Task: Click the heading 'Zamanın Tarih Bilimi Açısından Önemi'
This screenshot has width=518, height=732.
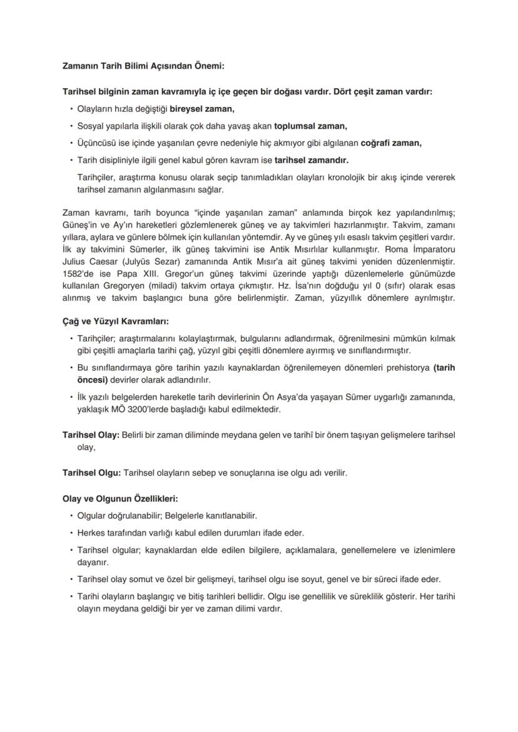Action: (143, 66)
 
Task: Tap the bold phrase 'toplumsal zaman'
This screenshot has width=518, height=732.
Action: (310, 126)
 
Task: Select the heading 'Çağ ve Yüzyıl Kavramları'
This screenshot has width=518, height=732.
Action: (116, 321)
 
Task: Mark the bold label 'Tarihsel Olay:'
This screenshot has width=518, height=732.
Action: (91, 434)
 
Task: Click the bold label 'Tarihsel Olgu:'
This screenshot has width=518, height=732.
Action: (92, 473)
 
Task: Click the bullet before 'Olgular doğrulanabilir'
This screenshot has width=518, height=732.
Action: (71, 516)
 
